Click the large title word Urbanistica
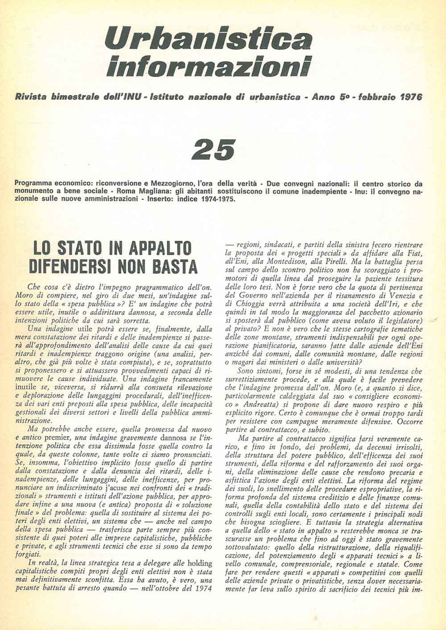[208, 39]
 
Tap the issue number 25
[214, 149]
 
